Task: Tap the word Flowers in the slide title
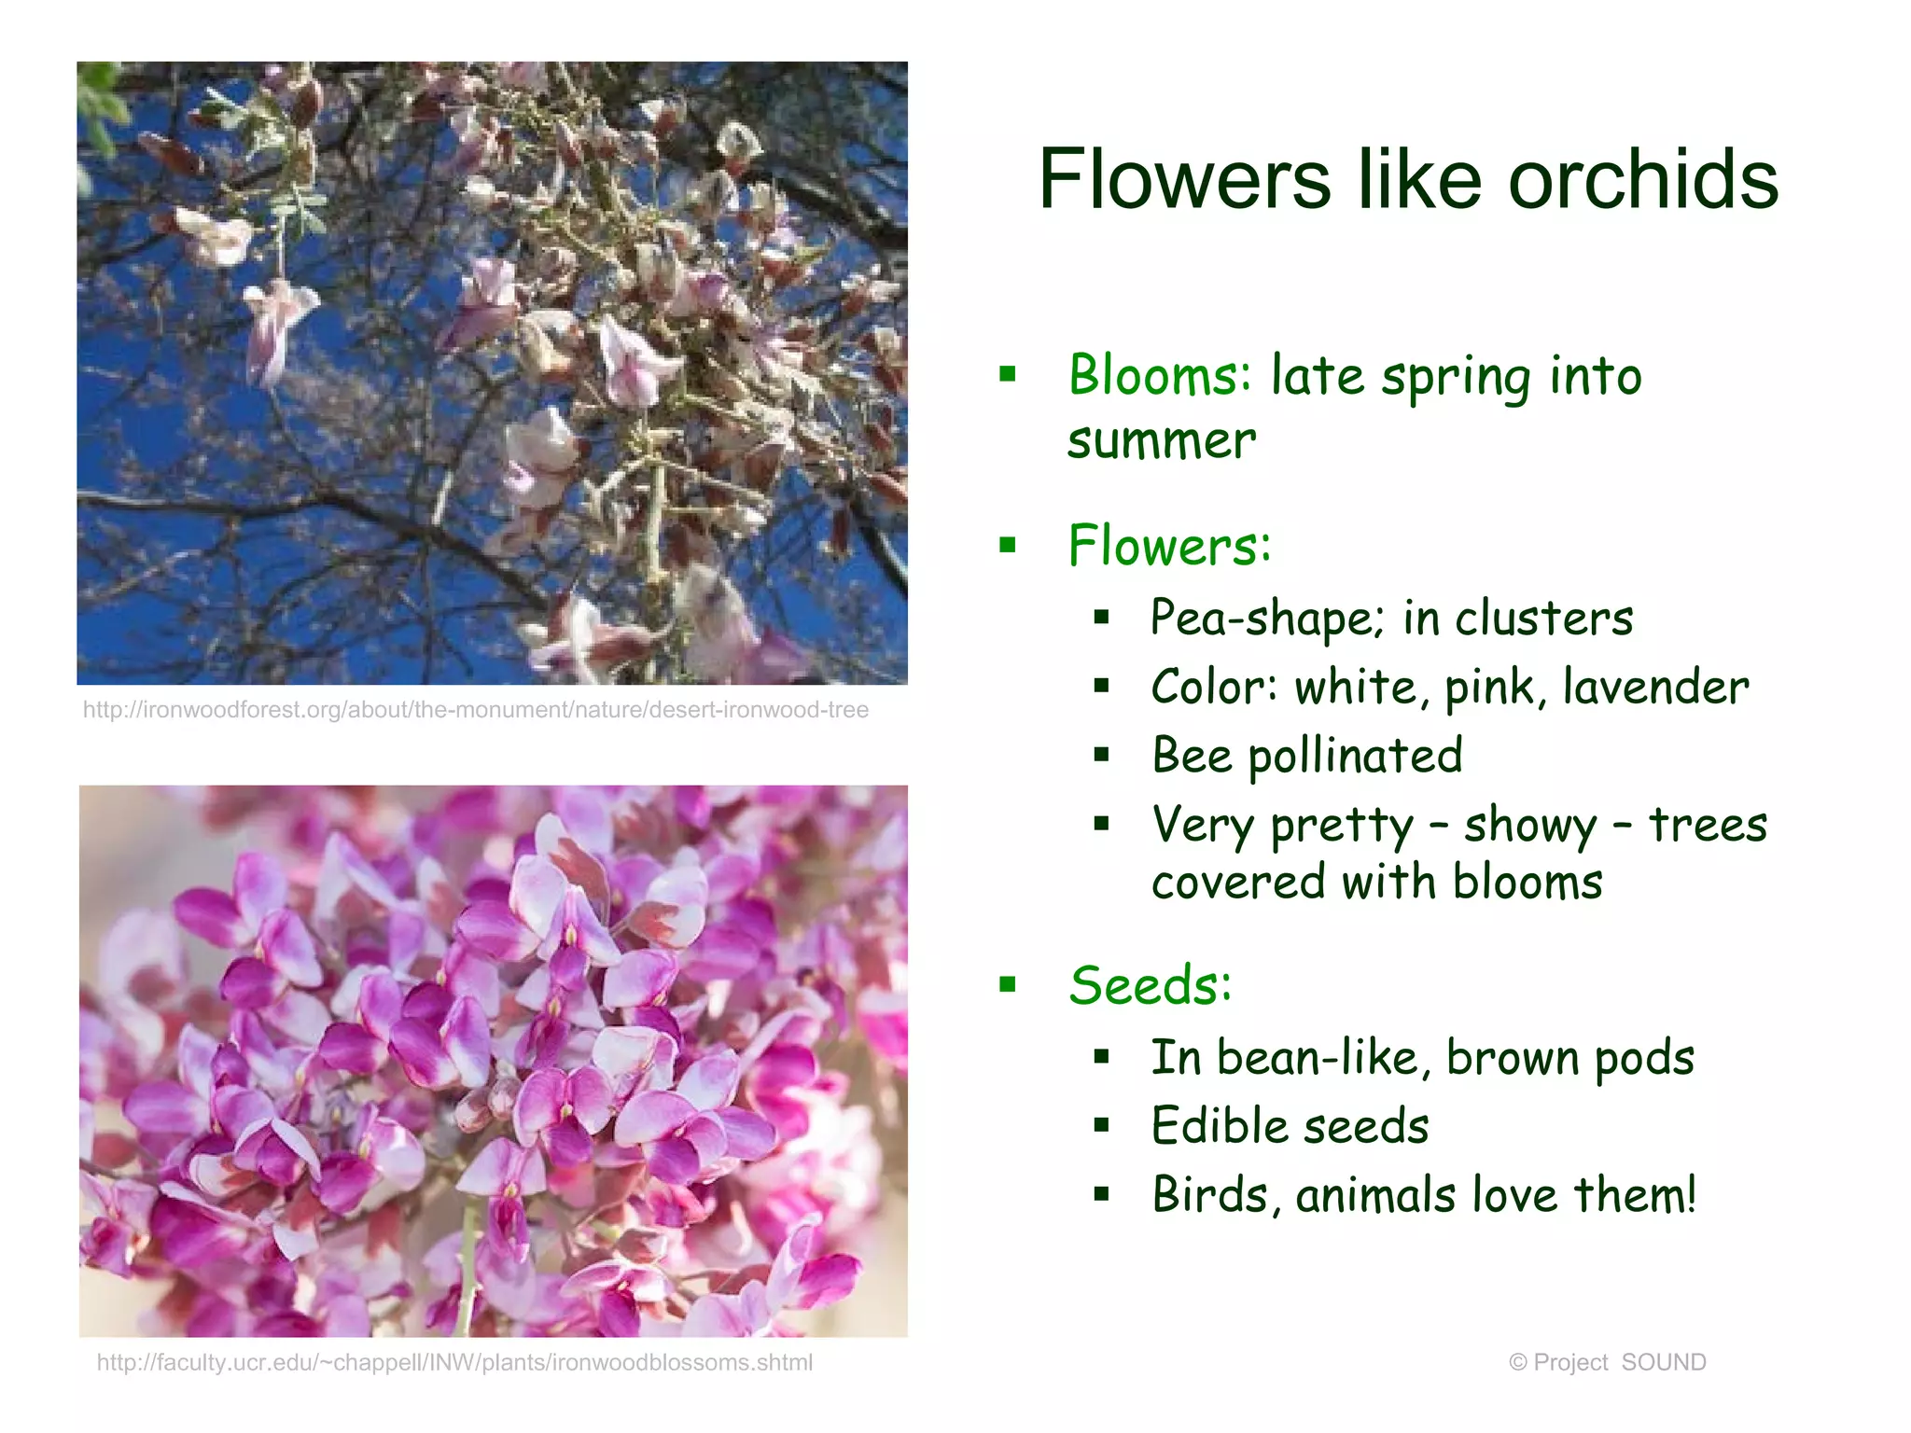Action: point(1184,179)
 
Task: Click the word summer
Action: point(1162,440)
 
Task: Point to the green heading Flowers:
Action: point(1169,546)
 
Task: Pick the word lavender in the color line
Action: point(1655,688)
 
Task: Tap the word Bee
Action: point(1192,756)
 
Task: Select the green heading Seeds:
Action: point(1150,985)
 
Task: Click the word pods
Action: point(1644,1059)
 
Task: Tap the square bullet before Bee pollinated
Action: point(1102,755)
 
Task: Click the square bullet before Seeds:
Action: point(1008,984)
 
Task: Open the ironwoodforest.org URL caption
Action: point(476,710)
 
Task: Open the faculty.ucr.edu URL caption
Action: point(454,1363)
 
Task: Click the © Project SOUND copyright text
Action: point(1607,1363)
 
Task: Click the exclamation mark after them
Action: point(1690,1194)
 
